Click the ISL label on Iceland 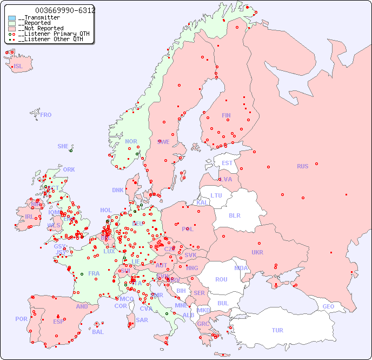tap(18, 67)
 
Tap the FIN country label tap(226, 115)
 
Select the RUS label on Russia tap(302, 166)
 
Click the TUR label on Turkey tap(277, 330)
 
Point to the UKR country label tap(257, 252)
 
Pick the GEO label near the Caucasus tap(328, 306)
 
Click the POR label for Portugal tap(21, 319)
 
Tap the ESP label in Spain tap(58, 321)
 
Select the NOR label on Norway tap(131, 141)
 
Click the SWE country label tap(163, 142)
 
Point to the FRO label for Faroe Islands tap(46, 115)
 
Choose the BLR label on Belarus tap(234, 215)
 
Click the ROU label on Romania tap(221, 279)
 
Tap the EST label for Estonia tap(227, 163)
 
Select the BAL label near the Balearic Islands tap(97, 332)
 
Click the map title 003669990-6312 tap(65, 10)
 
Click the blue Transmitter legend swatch tap(12, 18)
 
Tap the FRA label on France tap(94, 273)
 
